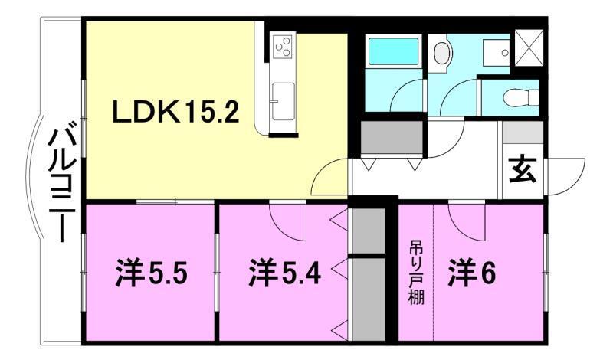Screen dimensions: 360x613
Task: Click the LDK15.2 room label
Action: pyautogui.click(x=177, y=114)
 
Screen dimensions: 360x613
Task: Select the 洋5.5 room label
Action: pyautogui.click(x=152, y=273)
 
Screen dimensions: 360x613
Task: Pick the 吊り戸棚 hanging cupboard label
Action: pyautogui.click(x=415, y=273)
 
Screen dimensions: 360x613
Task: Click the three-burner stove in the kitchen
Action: pyautogui.click(x=280, y=47)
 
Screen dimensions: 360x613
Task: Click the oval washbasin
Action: pyautogui.click(x=442, y=52)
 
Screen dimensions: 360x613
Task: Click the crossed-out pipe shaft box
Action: pyautogui.click(x=529, y=46)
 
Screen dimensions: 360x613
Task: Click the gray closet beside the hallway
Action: pyautogui.click(x=392, y=138)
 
